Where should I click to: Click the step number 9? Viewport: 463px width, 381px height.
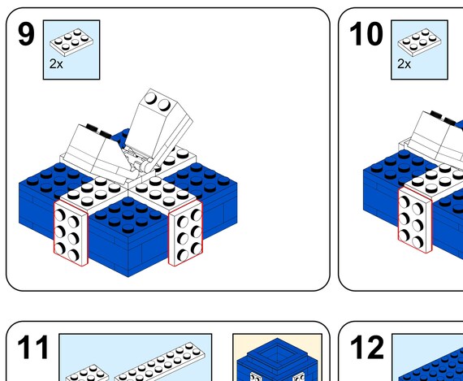click(x=27, y=35)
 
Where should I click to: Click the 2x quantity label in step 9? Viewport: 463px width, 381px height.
click(x=55, y=63)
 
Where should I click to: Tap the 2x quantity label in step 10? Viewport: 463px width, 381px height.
click(x=404, y=63)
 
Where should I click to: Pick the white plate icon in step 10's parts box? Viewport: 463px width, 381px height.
click(x=419, y=41)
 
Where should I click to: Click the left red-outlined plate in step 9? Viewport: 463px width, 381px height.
click(x=70, y=232)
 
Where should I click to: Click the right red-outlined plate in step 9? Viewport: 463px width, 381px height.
click(x=185, y=232)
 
